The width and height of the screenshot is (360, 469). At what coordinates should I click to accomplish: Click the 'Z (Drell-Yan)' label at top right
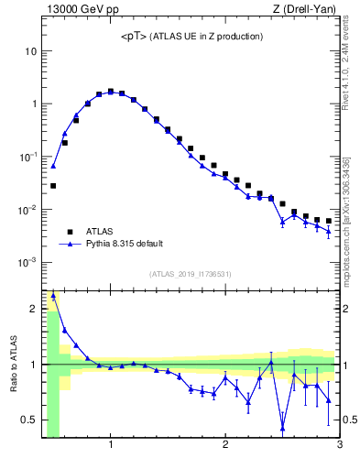[309, 10]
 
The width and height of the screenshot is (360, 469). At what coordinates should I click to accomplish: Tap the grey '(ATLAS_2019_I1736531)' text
[191, 274]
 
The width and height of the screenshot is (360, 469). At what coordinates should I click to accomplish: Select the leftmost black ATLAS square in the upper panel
[53, 186]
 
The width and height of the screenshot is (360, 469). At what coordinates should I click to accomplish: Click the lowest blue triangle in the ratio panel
[282, 429]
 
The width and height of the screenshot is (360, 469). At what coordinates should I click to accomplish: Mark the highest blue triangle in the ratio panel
[53, 296]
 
